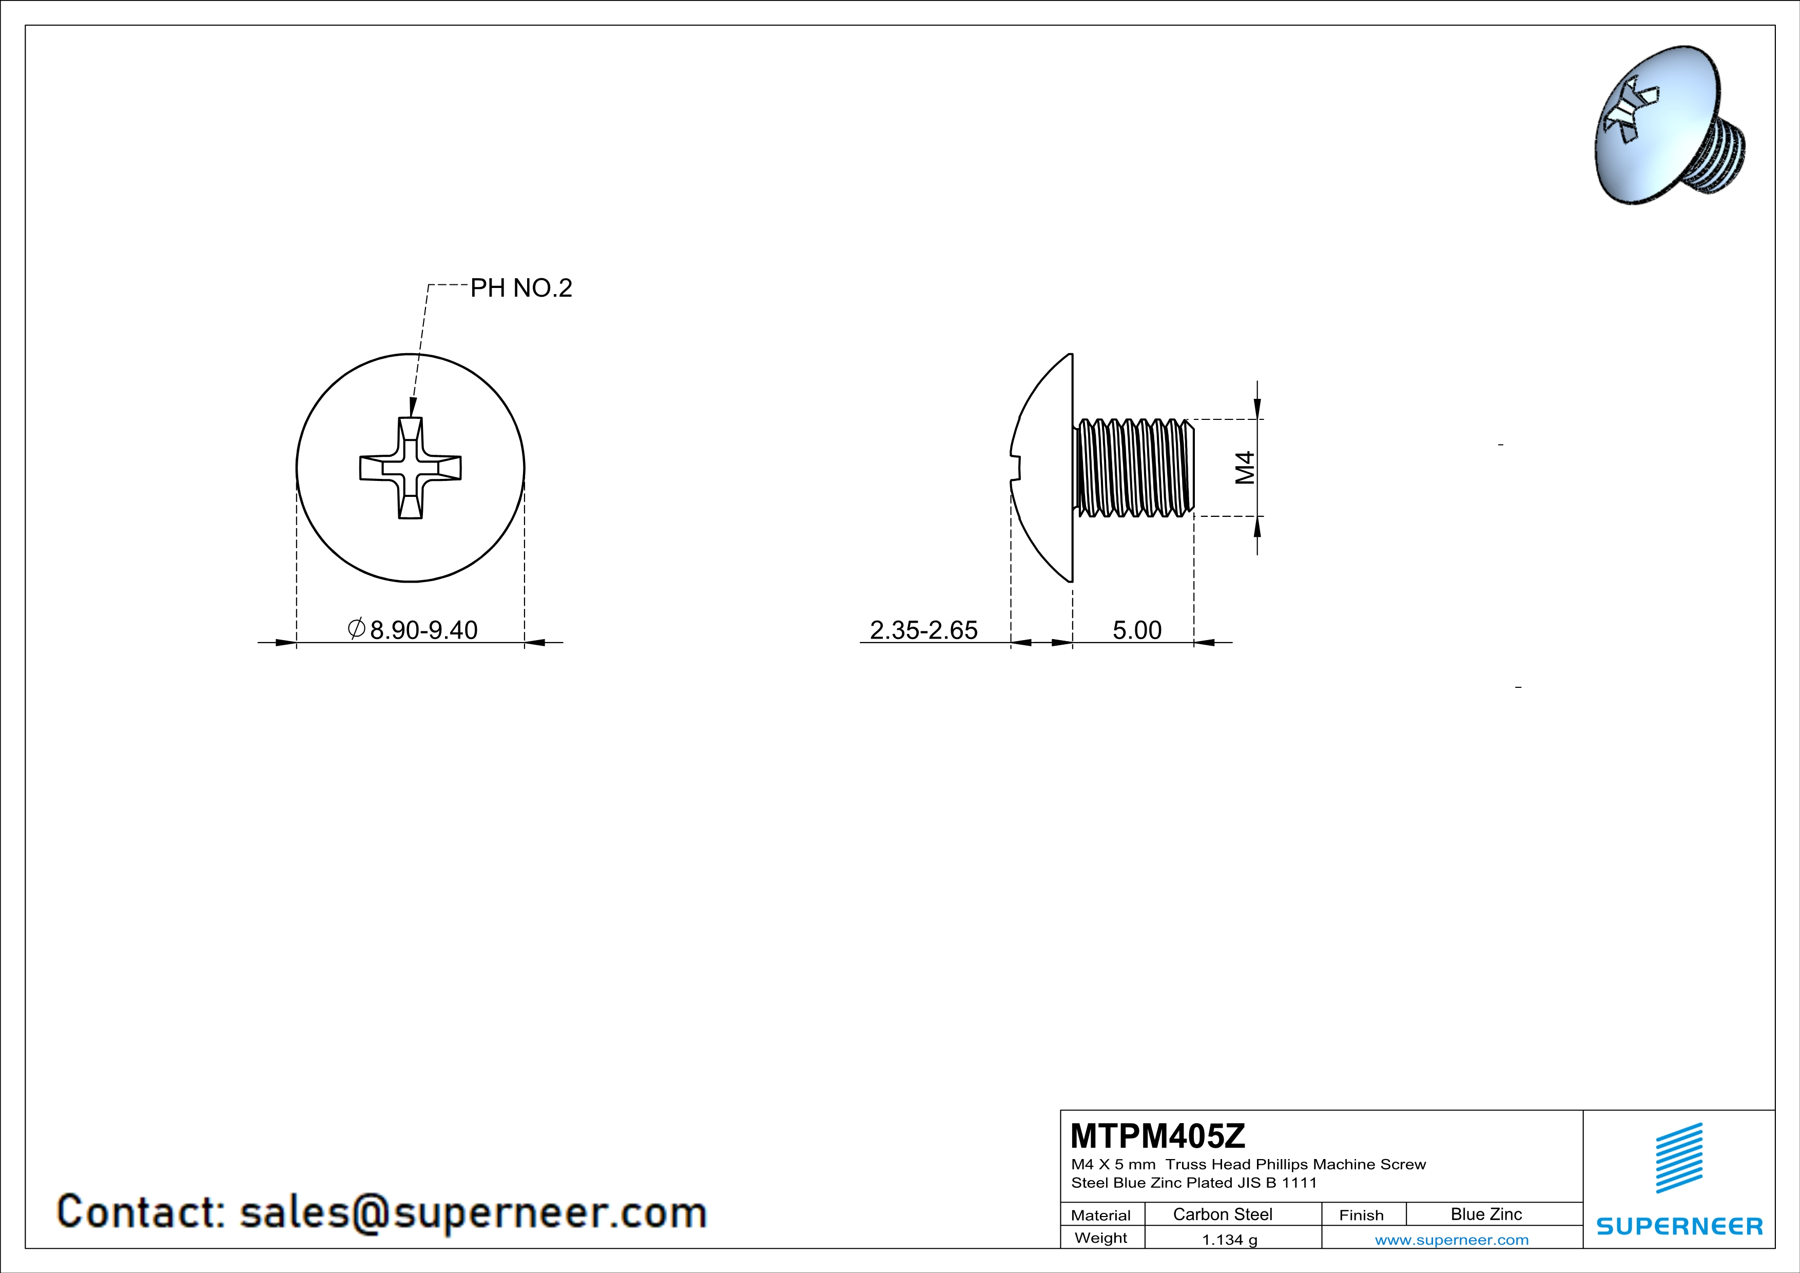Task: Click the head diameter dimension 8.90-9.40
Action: [423, 630]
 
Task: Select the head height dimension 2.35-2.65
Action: [923, 630]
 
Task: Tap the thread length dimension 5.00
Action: [1137, 630]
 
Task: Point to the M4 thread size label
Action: [1245, 468]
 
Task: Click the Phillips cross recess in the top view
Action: [410, 468]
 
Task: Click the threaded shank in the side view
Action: [1134, 468]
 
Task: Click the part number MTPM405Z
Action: [1157, 1136]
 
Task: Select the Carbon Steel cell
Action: [1222, 1214]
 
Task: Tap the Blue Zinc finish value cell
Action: [1485, 1214]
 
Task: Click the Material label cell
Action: [1101, 1215]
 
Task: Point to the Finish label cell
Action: [1361, 1215]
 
